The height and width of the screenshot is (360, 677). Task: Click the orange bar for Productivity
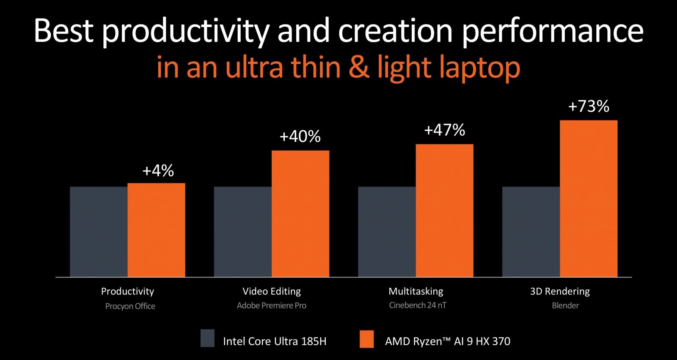coord(156,230)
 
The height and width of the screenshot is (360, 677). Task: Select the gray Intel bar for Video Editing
coord(242,232)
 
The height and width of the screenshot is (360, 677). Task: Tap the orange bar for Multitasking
coord(444,211)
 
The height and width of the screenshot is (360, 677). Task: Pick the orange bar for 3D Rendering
coord(589,199)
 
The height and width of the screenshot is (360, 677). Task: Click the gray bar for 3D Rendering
coord(531,232)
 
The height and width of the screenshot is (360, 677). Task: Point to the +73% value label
coord(589,106)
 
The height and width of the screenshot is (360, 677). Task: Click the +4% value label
coord(158,171)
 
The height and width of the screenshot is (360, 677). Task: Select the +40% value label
coord(300,137)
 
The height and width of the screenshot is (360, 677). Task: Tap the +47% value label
coord(444,130)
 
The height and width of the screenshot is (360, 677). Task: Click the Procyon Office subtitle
coord(130,306)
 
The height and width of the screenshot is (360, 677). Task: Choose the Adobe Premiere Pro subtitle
coord(271,305)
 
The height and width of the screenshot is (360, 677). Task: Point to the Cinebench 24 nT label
coord(418,305)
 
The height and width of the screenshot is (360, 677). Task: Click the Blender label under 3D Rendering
coord(565,305)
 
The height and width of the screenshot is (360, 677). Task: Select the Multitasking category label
coord(416,291)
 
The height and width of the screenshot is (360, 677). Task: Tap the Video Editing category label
coord(271,291)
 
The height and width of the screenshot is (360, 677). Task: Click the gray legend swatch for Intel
coord(207,338)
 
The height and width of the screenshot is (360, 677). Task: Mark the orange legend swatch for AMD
coord(366,339)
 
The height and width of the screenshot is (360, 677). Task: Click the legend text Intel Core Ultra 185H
coord(275,341)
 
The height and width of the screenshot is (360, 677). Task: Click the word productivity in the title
coord(185,31)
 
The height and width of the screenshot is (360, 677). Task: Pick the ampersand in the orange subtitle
coord(359,68)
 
